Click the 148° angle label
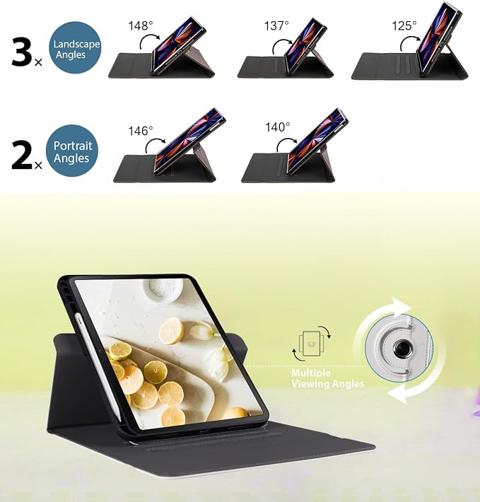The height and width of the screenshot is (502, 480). (x=141, y=25)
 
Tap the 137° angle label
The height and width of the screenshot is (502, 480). (x=276, y=25)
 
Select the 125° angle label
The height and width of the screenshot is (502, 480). (x=404, y=25)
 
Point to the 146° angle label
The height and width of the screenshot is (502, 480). (x=141, y=131)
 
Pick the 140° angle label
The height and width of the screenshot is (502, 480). (x=277, y=127)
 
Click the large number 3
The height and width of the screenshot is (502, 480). (x=21, y=52)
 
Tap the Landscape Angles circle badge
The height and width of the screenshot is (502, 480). (x=75, y=47)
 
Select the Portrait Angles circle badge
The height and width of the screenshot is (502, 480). (x=71, y=151)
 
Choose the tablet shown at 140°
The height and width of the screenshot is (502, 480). (x=317, y=141)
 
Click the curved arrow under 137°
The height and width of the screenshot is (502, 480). (x=281, y=46)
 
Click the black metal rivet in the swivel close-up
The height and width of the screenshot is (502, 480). (x=400, y=347)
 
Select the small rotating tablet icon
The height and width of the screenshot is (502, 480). (x=311, y=343)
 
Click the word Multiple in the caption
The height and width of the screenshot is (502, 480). (x=311, y=373)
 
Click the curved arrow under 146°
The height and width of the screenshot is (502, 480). (x=155, y=145)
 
